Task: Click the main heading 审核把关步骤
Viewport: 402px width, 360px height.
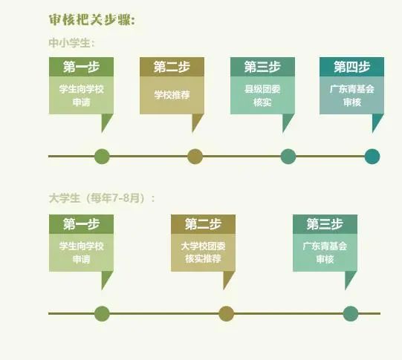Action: (92, 20)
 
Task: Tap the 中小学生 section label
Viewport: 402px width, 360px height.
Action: (71, 43)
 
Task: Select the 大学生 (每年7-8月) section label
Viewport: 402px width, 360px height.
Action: (102, 198)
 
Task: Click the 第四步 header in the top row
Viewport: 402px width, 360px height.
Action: (351, 67)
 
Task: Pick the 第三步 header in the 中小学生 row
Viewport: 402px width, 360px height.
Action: (262, 67)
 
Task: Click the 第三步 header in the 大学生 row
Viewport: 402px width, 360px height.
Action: (325, 224)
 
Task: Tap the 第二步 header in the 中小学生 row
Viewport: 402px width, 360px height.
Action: (172, 67)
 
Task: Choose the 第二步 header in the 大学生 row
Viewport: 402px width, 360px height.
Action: (204, 224)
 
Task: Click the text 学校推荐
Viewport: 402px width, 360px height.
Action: (172, 95)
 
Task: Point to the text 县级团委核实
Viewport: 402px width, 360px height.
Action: (262, 96)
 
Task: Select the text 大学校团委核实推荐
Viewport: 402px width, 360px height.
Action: (204, 252)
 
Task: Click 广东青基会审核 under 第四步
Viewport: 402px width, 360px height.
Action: (351, 96)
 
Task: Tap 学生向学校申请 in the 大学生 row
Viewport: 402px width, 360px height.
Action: (81, 252)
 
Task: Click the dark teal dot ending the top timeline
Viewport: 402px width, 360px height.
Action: (372, 156)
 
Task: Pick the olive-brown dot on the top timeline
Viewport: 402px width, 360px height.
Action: (195, 156)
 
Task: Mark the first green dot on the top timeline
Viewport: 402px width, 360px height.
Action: (102, 156)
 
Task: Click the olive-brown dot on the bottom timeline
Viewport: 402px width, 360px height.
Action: (227, 313)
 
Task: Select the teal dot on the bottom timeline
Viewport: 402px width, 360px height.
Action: (351, 313)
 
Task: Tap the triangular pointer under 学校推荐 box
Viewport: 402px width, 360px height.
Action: (196, 121)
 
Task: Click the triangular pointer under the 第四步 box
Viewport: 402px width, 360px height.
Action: (376, 121)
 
